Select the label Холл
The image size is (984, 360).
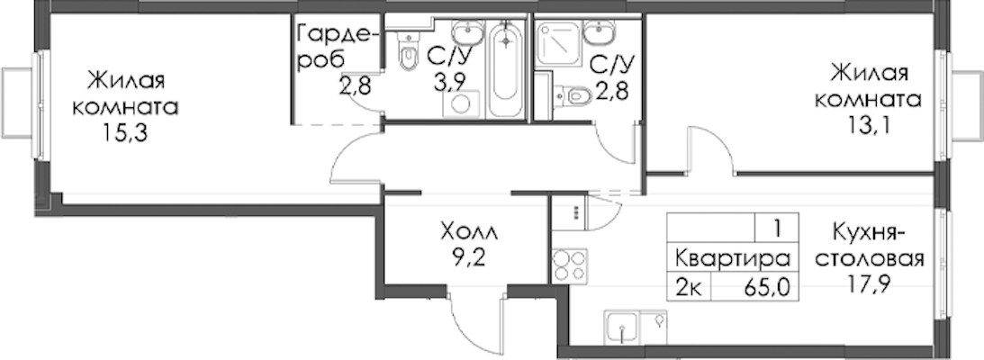(x=469, y=233)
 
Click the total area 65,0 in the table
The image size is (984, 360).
(x=765, y=289)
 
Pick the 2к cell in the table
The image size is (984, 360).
(x=689, y=289)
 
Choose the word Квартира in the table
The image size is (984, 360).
(x=732, y=258)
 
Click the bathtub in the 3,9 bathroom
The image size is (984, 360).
(x=506, y=69)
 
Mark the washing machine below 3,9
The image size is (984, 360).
(x=461, y=104)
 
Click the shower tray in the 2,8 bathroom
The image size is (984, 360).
(x=558, y=42)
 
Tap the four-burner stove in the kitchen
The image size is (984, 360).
(x=570, y=265)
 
